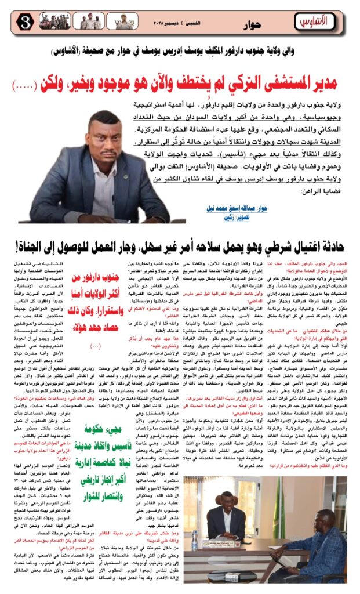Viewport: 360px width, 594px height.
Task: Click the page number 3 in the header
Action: click(12, 22)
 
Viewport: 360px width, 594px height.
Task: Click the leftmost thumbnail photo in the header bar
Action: click(42, 22)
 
